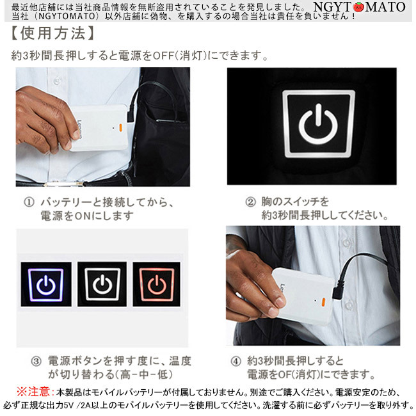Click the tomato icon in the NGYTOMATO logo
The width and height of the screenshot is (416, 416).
click(x=358, y=6)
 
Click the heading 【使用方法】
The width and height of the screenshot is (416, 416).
click(x=52, y=34)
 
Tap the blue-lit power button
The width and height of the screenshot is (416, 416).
click(x=46, y=284)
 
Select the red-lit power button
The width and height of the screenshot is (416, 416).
click(x=157, y=284)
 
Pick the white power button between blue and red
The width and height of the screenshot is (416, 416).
click(x=102, y=284)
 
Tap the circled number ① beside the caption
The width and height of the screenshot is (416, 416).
click(x=29, y=203)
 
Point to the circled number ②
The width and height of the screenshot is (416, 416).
click(x=250, y=202)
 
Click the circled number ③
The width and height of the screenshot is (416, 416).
click(x=36, y=362)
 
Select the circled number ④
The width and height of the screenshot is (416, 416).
click(x=236, y=362)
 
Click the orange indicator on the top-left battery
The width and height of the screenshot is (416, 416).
click(x=120, y=127)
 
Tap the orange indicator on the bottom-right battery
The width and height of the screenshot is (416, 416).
click(x=323, y=302)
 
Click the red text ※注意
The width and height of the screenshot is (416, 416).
click(x=34, y=392)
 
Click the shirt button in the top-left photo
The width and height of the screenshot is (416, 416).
click(x=56, y=81)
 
